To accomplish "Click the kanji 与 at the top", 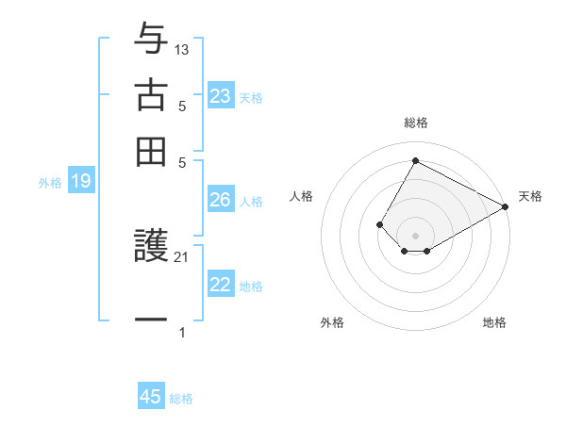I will click(151, 41).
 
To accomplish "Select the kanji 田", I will click(151, 150).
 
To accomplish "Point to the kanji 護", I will click(151, 249).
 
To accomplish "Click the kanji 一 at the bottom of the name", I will click(151, 320).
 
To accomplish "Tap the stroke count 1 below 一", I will click(182, 332).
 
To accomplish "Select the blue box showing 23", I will click(221, 96).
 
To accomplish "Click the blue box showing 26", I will click(221, 200).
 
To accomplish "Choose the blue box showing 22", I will click(221, 286).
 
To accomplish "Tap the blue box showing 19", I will click(81, 182).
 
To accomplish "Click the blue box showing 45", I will click(151, 397).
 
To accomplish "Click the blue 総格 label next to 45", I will click(181, 399).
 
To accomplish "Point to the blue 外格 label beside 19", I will click(49, 183).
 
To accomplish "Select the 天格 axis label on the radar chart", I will click(530, 196).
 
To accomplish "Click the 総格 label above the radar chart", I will click(416, 123).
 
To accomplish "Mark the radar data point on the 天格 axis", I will click(506, 207).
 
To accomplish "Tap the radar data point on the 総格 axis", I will click(415, 160).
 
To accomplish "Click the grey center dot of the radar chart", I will click(415, 236).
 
